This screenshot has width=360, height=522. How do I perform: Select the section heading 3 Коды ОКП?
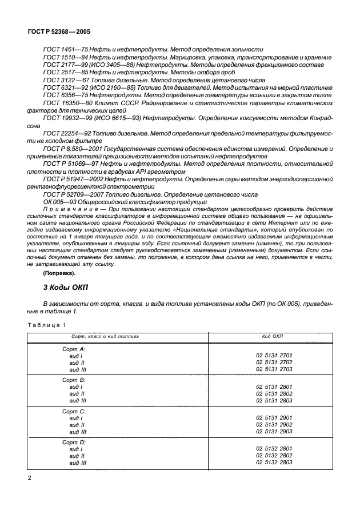pos(67,285)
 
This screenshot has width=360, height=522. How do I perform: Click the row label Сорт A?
pos(74,348)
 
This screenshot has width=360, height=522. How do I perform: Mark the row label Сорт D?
pos(74,443)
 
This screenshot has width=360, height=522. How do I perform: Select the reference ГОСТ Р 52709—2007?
pos(70,194)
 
